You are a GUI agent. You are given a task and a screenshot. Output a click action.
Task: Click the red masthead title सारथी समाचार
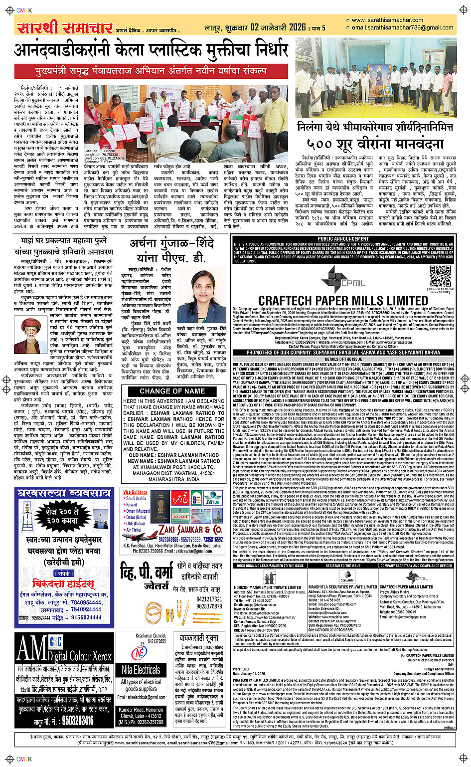[64, 28]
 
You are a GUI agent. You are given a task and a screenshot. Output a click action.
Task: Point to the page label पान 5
[318, 28]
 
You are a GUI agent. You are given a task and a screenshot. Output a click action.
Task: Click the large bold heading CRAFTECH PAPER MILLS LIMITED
[343, 300]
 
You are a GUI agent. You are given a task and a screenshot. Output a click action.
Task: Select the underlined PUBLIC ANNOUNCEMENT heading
[343, 239]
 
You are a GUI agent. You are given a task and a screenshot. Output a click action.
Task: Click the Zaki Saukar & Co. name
[190, 529]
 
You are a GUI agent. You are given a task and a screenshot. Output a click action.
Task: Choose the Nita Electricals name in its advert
[141, 669]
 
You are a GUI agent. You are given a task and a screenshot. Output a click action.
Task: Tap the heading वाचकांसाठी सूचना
[199, 638]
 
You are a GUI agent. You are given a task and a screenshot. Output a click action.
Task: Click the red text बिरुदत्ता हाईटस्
[63, 583]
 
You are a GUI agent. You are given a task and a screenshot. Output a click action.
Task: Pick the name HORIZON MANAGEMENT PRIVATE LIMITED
[268, 587]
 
